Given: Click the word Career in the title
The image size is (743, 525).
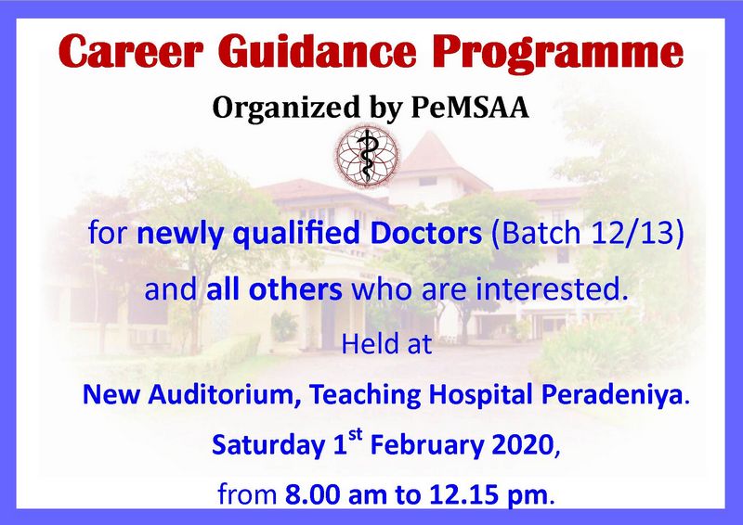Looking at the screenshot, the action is click(x=131, y=51).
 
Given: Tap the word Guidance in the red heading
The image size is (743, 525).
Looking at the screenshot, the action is click(x=317, y=51).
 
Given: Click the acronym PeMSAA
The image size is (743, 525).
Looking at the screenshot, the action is click(x=470, y=108).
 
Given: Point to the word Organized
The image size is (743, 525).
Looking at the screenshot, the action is click(x=286, y=109).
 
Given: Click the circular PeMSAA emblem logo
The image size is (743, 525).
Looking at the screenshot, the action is click(x=367, y=155).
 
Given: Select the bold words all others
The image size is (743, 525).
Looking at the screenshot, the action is click(x=274, y=289).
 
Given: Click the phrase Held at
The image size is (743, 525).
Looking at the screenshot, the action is click(x=386, y=344).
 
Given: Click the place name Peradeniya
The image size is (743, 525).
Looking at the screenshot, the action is click(x=612, y=395).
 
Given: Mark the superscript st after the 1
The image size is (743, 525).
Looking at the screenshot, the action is click(x=356, y=434).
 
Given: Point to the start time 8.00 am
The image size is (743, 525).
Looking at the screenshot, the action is click(x=336, y=494).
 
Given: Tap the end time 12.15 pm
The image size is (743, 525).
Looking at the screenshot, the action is click(x=489, y=495).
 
